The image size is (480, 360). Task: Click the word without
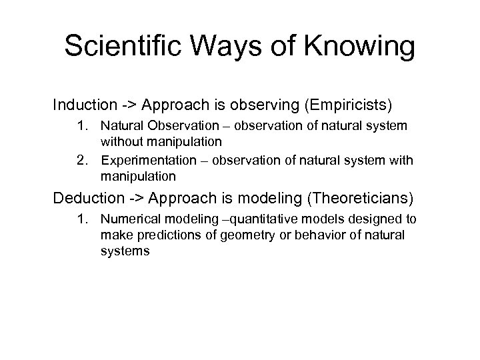120,141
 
